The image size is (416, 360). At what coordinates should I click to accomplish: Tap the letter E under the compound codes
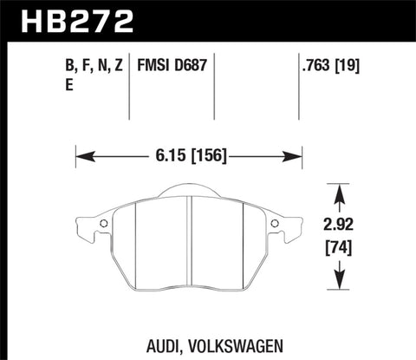pyautogui.click(x=57, y=85)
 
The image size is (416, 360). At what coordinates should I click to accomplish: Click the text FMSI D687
pyautogui.click(x=172, y=65)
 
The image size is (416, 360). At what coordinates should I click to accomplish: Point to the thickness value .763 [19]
pyautogui.click(x=331, y=65)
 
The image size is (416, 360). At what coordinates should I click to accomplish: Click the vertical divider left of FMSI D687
pyautogui.click(x=129, y=87)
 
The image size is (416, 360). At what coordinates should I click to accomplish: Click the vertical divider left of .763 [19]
pyautogui.click(x=289, y=87)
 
